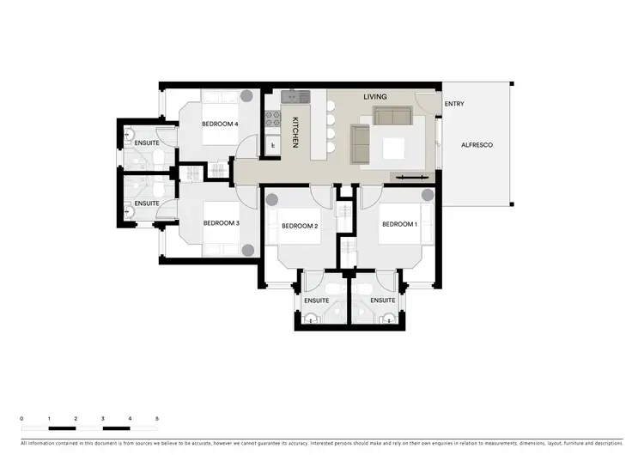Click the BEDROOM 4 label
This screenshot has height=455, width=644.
tap(220, 124)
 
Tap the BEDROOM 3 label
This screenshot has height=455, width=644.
tap(221, 224)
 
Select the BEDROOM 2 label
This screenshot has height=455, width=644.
tap(300, 226)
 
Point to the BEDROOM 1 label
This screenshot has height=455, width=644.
tap(399, 224)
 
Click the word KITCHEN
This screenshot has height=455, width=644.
tap(295, 132)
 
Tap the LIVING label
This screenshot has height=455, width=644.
tap(375, 97)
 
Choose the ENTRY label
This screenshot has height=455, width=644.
tap(454, 105)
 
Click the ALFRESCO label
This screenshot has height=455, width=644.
tap(477, 146)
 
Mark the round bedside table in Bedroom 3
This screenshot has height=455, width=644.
tap(247, 250)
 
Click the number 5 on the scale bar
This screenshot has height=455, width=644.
tap(157, 418)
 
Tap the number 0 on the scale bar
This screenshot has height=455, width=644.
tap(22, 418)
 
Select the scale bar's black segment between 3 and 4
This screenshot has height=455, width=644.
tap(117, 427)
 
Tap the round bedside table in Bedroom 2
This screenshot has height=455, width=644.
tap(271, 200)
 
